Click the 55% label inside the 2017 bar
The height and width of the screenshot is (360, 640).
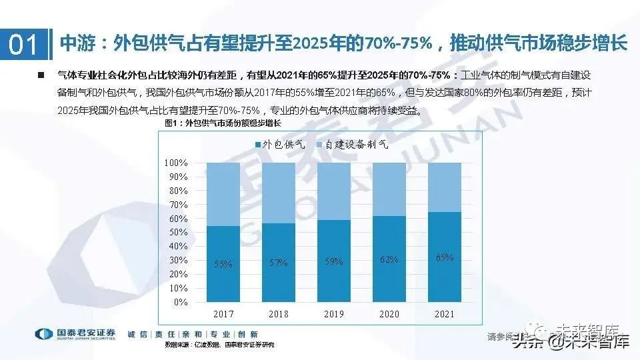tap(223, 264)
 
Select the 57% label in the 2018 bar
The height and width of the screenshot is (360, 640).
tap(279, 263)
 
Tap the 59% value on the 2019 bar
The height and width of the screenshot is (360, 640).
tap(333, 261)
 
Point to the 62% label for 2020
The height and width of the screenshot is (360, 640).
tap(389, 259)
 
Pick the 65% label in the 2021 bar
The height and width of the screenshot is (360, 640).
tap(444, 257)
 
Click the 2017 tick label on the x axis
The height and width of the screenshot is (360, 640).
tap(223, 314)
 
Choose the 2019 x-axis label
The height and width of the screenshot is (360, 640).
tap(334, 314)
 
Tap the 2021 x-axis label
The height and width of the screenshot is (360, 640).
tap(444, 314)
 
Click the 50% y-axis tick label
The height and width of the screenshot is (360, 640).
tap(177, 233)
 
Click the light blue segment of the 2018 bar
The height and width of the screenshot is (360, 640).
tap(279, 193)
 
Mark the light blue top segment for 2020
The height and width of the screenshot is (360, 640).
tap(389, 189)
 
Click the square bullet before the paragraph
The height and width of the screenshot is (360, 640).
tap(42, 75)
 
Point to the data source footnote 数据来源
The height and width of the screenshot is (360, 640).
tap(219, 345)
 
